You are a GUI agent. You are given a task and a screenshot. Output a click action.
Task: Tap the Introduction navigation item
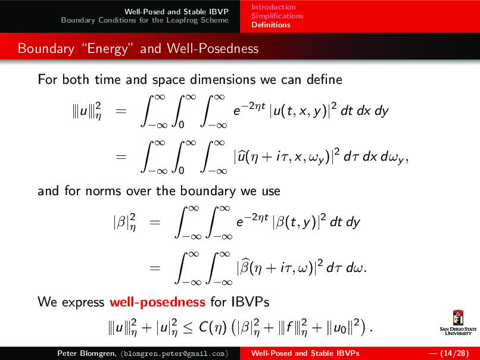click(x=273, y=7)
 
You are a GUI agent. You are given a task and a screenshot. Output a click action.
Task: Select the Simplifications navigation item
click(x=277, y=16)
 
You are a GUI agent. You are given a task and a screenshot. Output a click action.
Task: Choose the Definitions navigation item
click(x=270, y=25)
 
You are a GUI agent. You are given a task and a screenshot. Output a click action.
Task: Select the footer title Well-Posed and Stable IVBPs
click(x=306, y=353)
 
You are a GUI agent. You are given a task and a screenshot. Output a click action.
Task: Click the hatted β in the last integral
click(x=245, y=268)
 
